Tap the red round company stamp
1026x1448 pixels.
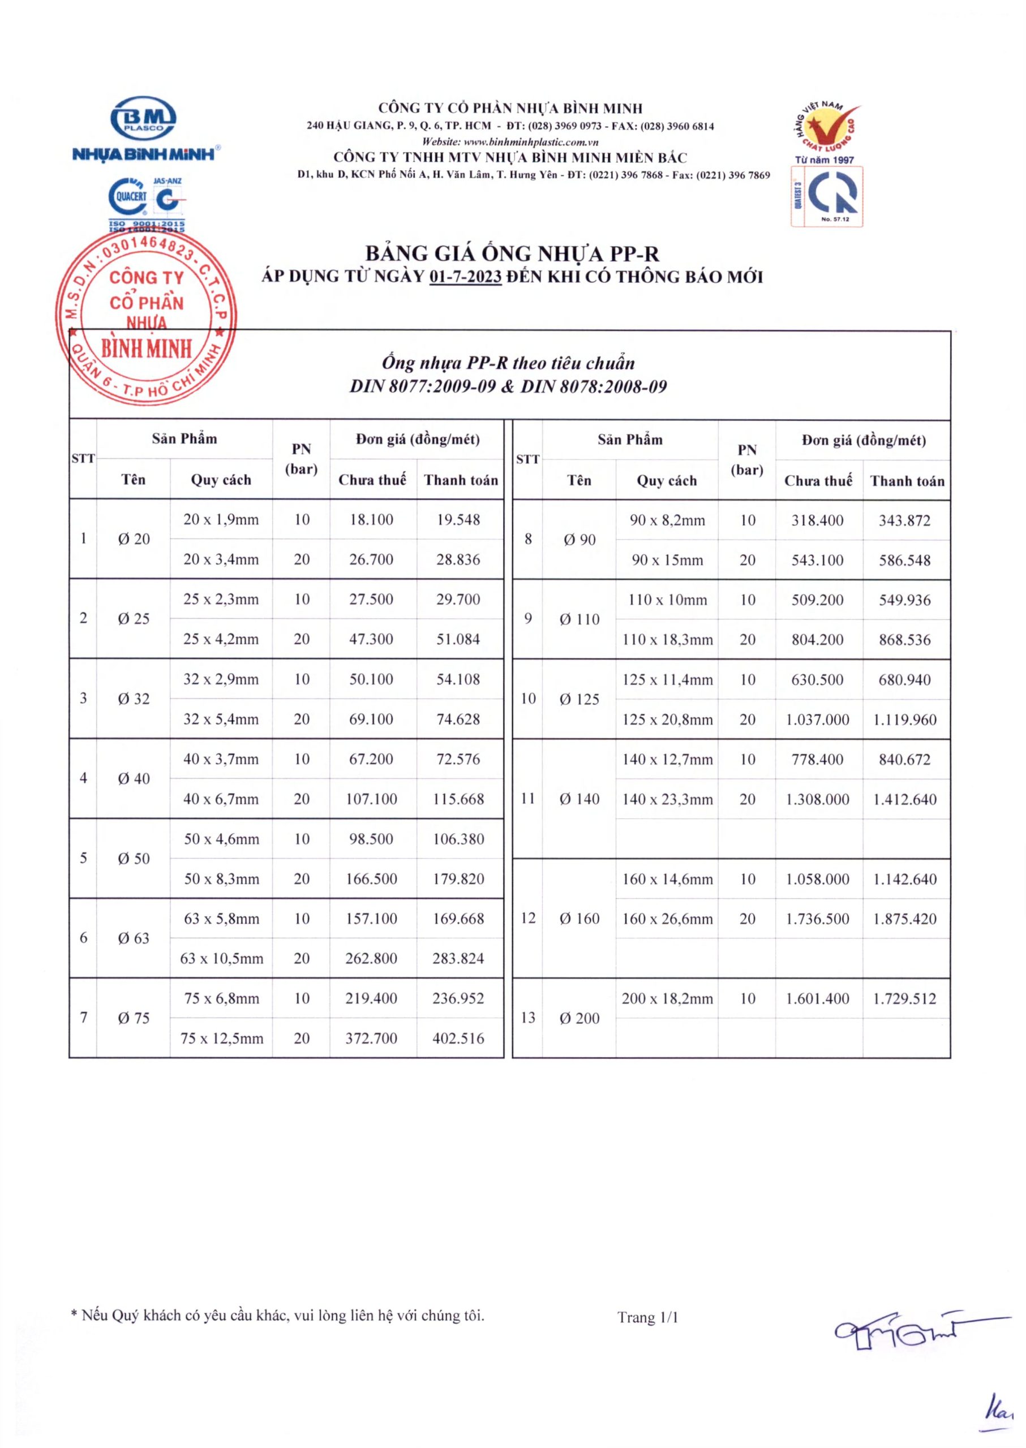[x=147, y=314]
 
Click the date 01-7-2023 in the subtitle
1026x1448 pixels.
[x=465, y=277]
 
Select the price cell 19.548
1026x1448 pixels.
[x=458, y=520]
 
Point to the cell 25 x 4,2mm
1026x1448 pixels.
[x=221, y=639]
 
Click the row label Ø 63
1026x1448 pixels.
[x=134, y=938]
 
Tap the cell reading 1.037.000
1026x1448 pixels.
[x=818, y=719]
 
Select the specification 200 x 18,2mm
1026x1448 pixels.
[x=667, y=998]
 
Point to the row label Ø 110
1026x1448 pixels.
[x=579, y=619]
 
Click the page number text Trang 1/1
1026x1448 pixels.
[x=647, y=1317]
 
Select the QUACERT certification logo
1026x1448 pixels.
[x=128, y=197]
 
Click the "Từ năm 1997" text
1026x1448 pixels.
[x=824, y=160]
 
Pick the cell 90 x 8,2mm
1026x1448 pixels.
[x=667, y=520]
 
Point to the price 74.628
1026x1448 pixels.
[x=458, y=719]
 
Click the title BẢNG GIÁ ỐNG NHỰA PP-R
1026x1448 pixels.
[x=512, y=254]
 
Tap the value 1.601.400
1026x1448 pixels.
[x=818, y=998]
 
